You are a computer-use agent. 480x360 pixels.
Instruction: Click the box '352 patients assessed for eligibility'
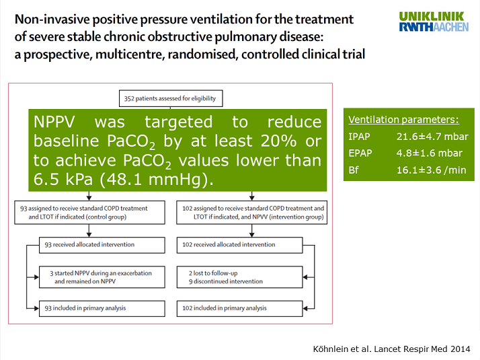[169, 98]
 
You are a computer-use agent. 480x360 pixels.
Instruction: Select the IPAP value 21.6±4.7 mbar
[432, 137]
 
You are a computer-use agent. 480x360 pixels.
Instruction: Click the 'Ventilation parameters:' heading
[403, 120]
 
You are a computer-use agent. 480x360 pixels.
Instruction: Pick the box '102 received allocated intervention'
[251, 245]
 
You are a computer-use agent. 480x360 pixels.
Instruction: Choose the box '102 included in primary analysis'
[251, 308]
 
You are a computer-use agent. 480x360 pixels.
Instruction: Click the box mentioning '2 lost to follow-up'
[251, 277]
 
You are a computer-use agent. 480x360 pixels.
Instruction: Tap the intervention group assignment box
[251, 213]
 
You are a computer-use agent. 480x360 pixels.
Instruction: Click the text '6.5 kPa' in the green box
[61, 179]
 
